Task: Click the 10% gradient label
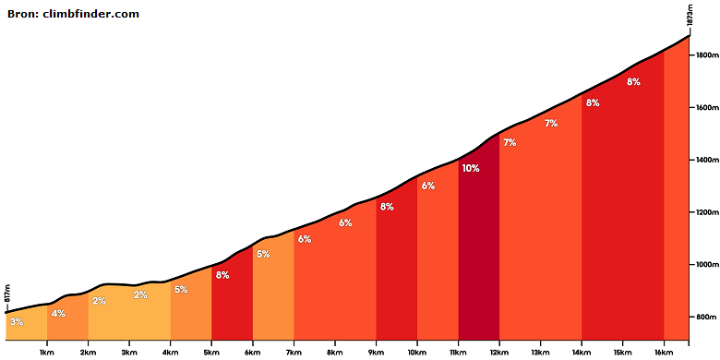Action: coord(471,169)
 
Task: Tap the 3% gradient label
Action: coord(17,322)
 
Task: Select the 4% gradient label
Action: coord(58,314)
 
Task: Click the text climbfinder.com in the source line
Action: coord(90,14)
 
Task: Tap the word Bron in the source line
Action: coord(23,14)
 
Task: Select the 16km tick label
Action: coord(664,353)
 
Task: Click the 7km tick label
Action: coord(294,353)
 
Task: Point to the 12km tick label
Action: coord(499,353)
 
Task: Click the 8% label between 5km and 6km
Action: coord(222,275)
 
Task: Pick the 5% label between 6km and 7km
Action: coord(263,254)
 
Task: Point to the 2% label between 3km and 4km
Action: coord(140,295)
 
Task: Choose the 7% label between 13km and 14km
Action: coord(551,123)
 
